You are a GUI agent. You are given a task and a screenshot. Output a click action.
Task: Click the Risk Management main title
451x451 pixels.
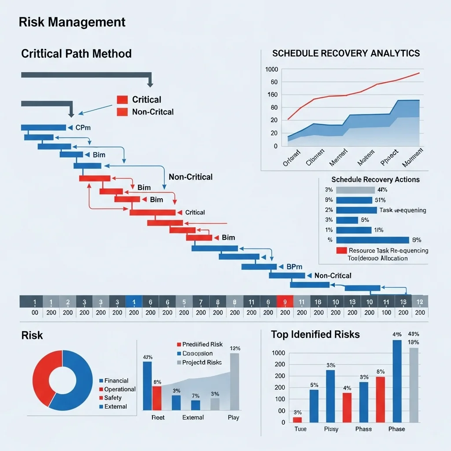click(x=72, y=22)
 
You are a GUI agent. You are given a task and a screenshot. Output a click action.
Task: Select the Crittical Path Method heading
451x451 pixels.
click(x=76, y=54)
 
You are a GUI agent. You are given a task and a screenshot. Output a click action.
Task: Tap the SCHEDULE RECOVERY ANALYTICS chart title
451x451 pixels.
click(x=346, y=53)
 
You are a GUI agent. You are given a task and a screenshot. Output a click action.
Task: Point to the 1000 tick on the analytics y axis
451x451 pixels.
click(x=272, y=70)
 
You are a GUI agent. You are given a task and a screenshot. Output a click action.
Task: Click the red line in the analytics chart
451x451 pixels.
click(x=352, y=93)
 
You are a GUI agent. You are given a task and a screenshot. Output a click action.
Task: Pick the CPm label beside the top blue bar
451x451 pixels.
click(x=83, y=128)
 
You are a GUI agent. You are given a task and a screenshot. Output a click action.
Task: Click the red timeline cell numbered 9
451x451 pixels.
click(x=285, y=302)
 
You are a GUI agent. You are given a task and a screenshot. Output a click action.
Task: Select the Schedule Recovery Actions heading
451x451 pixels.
click(x=375, y=180)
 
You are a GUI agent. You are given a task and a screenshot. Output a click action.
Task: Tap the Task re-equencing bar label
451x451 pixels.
click(x=403, y=210)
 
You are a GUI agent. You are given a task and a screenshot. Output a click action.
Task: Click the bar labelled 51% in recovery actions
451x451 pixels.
click(x=354, y=200)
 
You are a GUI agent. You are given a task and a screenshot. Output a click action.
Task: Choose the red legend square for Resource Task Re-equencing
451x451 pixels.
click(x=341, y=251)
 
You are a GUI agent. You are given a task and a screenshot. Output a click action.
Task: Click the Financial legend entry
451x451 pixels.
click(x=116, y=381)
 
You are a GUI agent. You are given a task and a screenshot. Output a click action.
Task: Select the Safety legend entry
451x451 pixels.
click(x=113, y=398)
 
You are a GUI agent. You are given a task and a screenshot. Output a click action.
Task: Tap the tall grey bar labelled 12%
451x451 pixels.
click(x=235, y=381)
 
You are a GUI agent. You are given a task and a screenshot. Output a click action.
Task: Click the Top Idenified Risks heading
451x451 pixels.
click(x=315, y=334)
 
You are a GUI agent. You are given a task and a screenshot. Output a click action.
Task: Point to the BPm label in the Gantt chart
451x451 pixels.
click(x=294, y=266)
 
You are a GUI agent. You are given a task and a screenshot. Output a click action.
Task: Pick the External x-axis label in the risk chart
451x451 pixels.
click(x=193, y=417)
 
